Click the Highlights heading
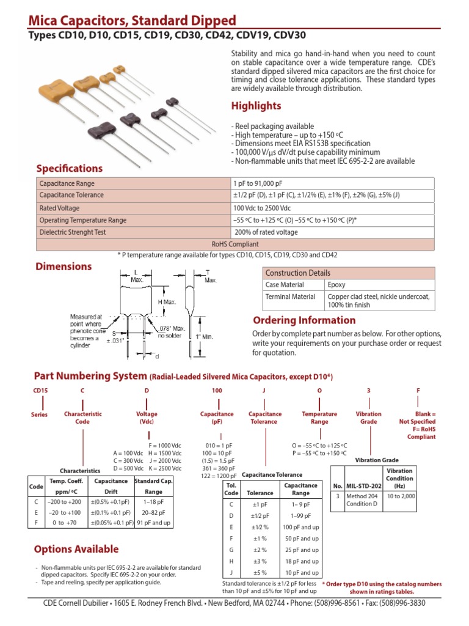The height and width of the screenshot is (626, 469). [256, 106]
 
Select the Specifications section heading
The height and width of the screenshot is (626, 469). [69, 168]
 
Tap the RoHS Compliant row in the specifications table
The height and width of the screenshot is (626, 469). [235, 243]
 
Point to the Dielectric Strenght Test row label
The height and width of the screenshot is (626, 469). [73, 232]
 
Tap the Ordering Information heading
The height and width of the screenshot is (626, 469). [305, 320]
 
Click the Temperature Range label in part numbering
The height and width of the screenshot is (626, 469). [319, 418]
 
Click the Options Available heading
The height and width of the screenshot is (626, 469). [76, 549]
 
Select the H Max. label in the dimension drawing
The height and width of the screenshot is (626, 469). [150, 302]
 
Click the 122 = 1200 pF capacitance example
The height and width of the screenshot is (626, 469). [217, 476]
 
